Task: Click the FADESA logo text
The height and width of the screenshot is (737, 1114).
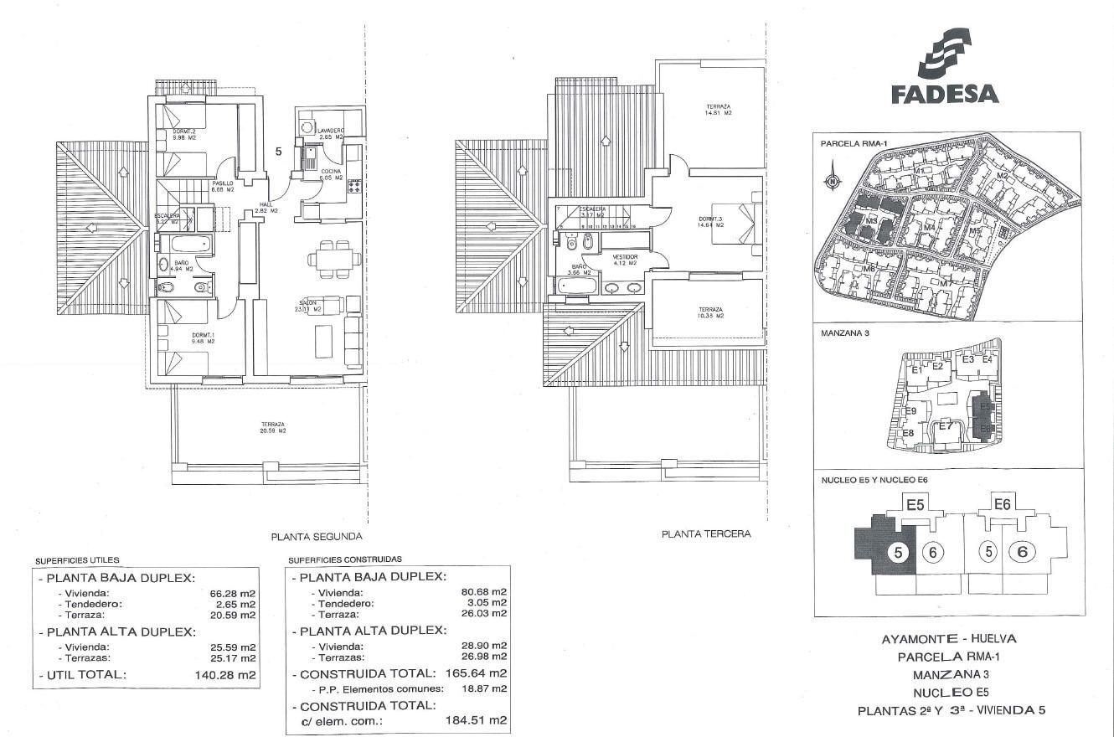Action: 945,93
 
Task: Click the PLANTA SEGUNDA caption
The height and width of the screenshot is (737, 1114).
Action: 316,537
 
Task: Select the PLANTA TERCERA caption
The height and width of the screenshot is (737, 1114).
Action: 706,533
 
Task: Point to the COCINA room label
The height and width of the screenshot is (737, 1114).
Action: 332,173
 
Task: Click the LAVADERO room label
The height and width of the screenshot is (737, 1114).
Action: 329,131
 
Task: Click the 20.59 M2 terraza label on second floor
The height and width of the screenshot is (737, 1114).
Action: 271,428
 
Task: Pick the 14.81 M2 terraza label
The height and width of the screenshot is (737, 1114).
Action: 718,109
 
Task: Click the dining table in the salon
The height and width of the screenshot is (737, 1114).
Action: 333,257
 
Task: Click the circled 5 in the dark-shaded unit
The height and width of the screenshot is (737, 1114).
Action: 897,553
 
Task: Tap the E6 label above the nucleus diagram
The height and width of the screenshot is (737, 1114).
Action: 1001,504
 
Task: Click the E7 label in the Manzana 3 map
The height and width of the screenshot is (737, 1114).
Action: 945,426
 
